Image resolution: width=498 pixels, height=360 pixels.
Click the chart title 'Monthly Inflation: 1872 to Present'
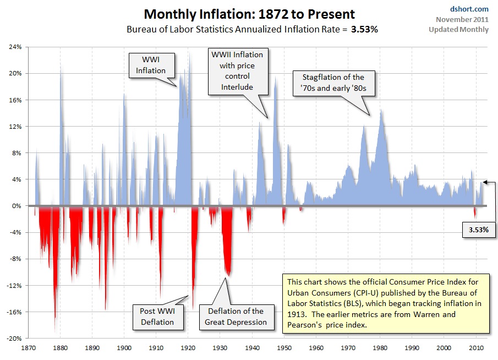(249, 14)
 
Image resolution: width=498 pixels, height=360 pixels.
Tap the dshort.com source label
(469, 9)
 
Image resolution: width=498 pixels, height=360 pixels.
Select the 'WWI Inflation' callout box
(151, 65)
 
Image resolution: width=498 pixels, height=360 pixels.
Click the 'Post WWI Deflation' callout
(158, 317)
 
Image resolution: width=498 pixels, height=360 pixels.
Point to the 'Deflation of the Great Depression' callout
(236, 317)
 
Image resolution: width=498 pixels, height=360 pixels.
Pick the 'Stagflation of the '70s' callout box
(333, 83)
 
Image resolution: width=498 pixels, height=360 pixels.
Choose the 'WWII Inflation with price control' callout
(238, 71)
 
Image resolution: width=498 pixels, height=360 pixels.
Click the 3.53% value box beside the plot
(479, 230)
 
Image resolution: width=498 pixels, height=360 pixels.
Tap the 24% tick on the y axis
(15, 47)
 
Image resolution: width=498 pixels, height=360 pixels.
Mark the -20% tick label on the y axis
(14, 339)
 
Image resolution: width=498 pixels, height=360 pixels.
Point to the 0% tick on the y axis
(17, 206)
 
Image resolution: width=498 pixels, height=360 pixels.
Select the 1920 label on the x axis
(188, 347)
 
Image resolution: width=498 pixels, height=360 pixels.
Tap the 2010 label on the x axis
(476, 347)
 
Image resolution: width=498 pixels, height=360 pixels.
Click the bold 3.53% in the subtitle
(365, 30)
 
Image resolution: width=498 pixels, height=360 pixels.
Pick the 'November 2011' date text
(462, 20)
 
